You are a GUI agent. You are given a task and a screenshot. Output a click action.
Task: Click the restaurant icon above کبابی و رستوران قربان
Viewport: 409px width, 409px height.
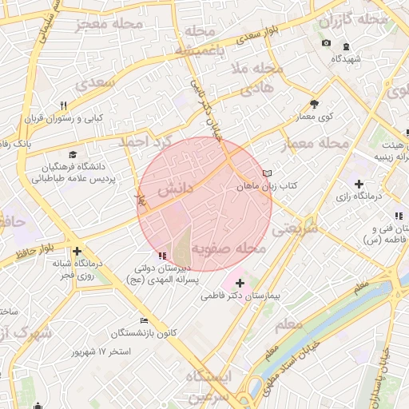[63, 105]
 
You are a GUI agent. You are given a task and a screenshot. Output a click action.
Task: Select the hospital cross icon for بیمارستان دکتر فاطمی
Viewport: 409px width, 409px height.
[240, 283]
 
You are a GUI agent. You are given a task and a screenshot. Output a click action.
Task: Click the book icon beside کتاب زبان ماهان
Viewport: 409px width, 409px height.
[267, 173]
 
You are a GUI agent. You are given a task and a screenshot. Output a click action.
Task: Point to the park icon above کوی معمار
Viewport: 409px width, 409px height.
[314, 104]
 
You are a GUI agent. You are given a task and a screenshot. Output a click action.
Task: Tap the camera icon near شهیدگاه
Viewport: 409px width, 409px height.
[326, 43]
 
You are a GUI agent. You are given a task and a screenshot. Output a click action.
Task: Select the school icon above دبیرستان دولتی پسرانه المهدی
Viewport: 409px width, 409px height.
[163, 256]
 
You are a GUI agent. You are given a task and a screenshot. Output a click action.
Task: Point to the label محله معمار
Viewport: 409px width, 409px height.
[316, 145]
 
